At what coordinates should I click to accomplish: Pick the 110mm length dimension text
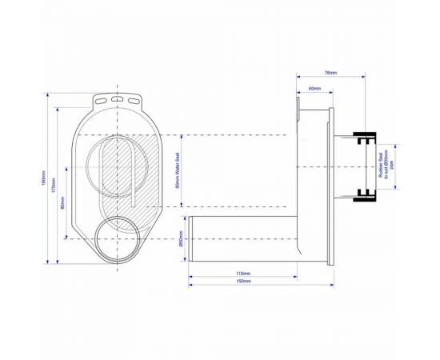243,274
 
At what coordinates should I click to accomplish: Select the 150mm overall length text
243,282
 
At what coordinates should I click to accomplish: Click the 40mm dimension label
314,89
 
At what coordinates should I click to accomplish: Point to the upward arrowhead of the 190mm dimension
49,96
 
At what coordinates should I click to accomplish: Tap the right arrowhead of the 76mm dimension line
363,78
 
